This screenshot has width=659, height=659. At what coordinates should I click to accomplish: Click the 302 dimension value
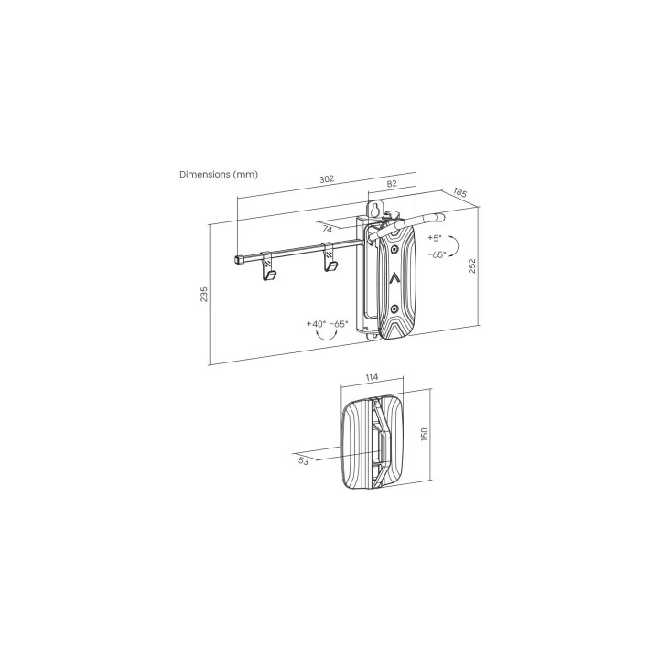pyautogui.click(x=327, y=178)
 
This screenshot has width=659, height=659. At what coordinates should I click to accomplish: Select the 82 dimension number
pyautogui.click(x=392, y=184)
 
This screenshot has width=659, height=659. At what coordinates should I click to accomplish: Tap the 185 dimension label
pyautogui.click(x=460, y=192)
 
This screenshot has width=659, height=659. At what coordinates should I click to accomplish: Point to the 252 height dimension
pyautogui.click(x=472, y=266)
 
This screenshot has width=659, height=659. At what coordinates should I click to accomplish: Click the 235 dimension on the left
pyautogui.click(x=204, y=294)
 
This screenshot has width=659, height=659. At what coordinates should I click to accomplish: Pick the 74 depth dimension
pyautogui.click(x=328, y=230)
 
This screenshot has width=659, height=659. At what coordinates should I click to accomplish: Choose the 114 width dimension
pyautogui.click(x=372, y=377)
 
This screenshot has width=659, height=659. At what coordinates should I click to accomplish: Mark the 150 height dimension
pyautogui.click(x=424, y=434)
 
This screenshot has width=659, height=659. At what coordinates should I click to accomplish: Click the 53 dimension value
pyautogui.click(x=304, y=461)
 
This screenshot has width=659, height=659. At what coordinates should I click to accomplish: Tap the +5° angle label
pyautogui.click(x=435, y=238)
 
